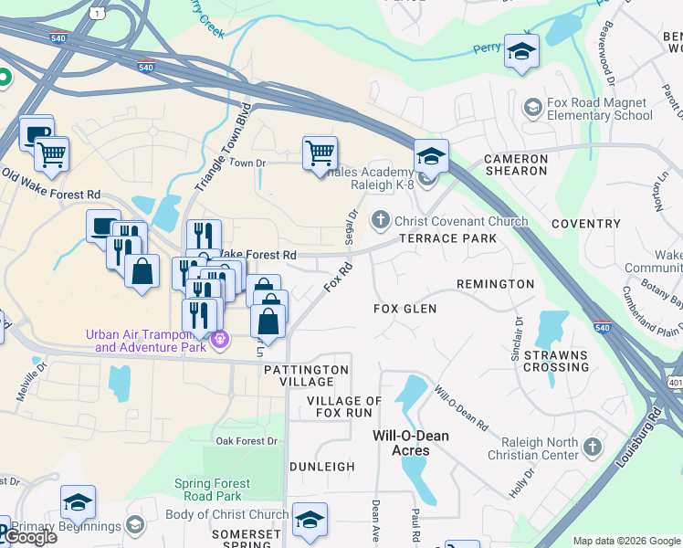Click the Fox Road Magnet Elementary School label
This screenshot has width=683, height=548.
600,109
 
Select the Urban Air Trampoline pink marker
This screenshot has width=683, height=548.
219,341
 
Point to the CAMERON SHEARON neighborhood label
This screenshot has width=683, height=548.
516,164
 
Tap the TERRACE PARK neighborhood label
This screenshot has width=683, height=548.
447,238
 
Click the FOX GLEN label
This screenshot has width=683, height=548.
405,309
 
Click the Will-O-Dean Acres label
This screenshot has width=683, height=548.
411,443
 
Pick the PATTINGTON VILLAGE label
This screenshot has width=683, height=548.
306,376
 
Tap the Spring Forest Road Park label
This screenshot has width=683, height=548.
213,490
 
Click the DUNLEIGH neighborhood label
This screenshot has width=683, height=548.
321,466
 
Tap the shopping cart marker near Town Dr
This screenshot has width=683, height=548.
320,153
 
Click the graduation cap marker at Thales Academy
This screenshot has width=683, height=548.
431,155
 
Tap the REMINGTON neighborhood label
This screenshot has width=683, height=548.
495,284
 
